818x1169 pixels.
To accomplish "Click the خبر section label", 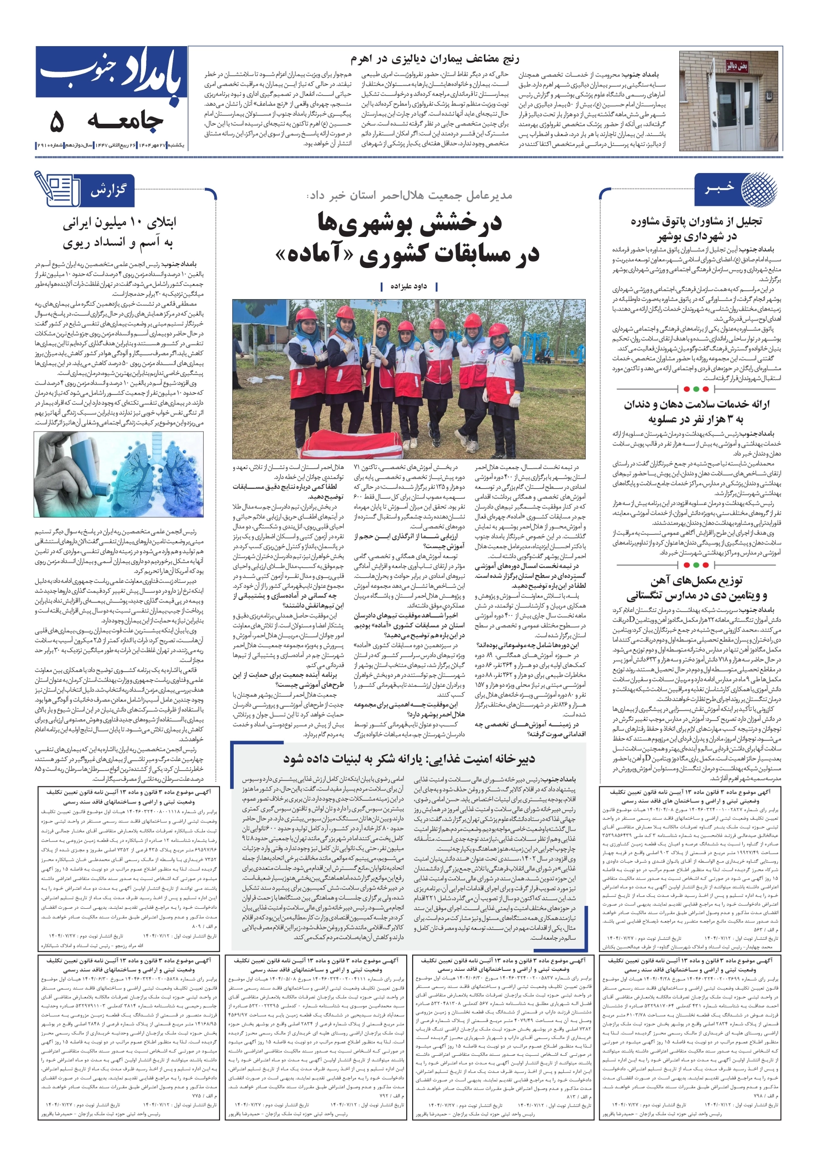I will point(720,189).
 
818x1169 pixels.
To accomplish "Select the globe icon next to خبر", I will point(759,190).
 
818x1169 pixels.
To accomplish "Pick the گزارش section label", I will point(108,191).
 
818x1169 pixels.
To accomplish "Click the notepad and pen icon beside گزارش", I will point(56,189).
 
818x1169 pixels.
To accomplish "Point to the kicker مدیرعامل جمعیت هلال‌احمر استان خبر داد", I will point(410,195).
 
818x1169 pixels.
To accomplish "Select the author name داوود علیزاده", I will point(408,287).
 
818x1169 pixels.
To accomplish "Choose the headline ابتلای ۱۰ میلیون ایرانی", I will point(119,223).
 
